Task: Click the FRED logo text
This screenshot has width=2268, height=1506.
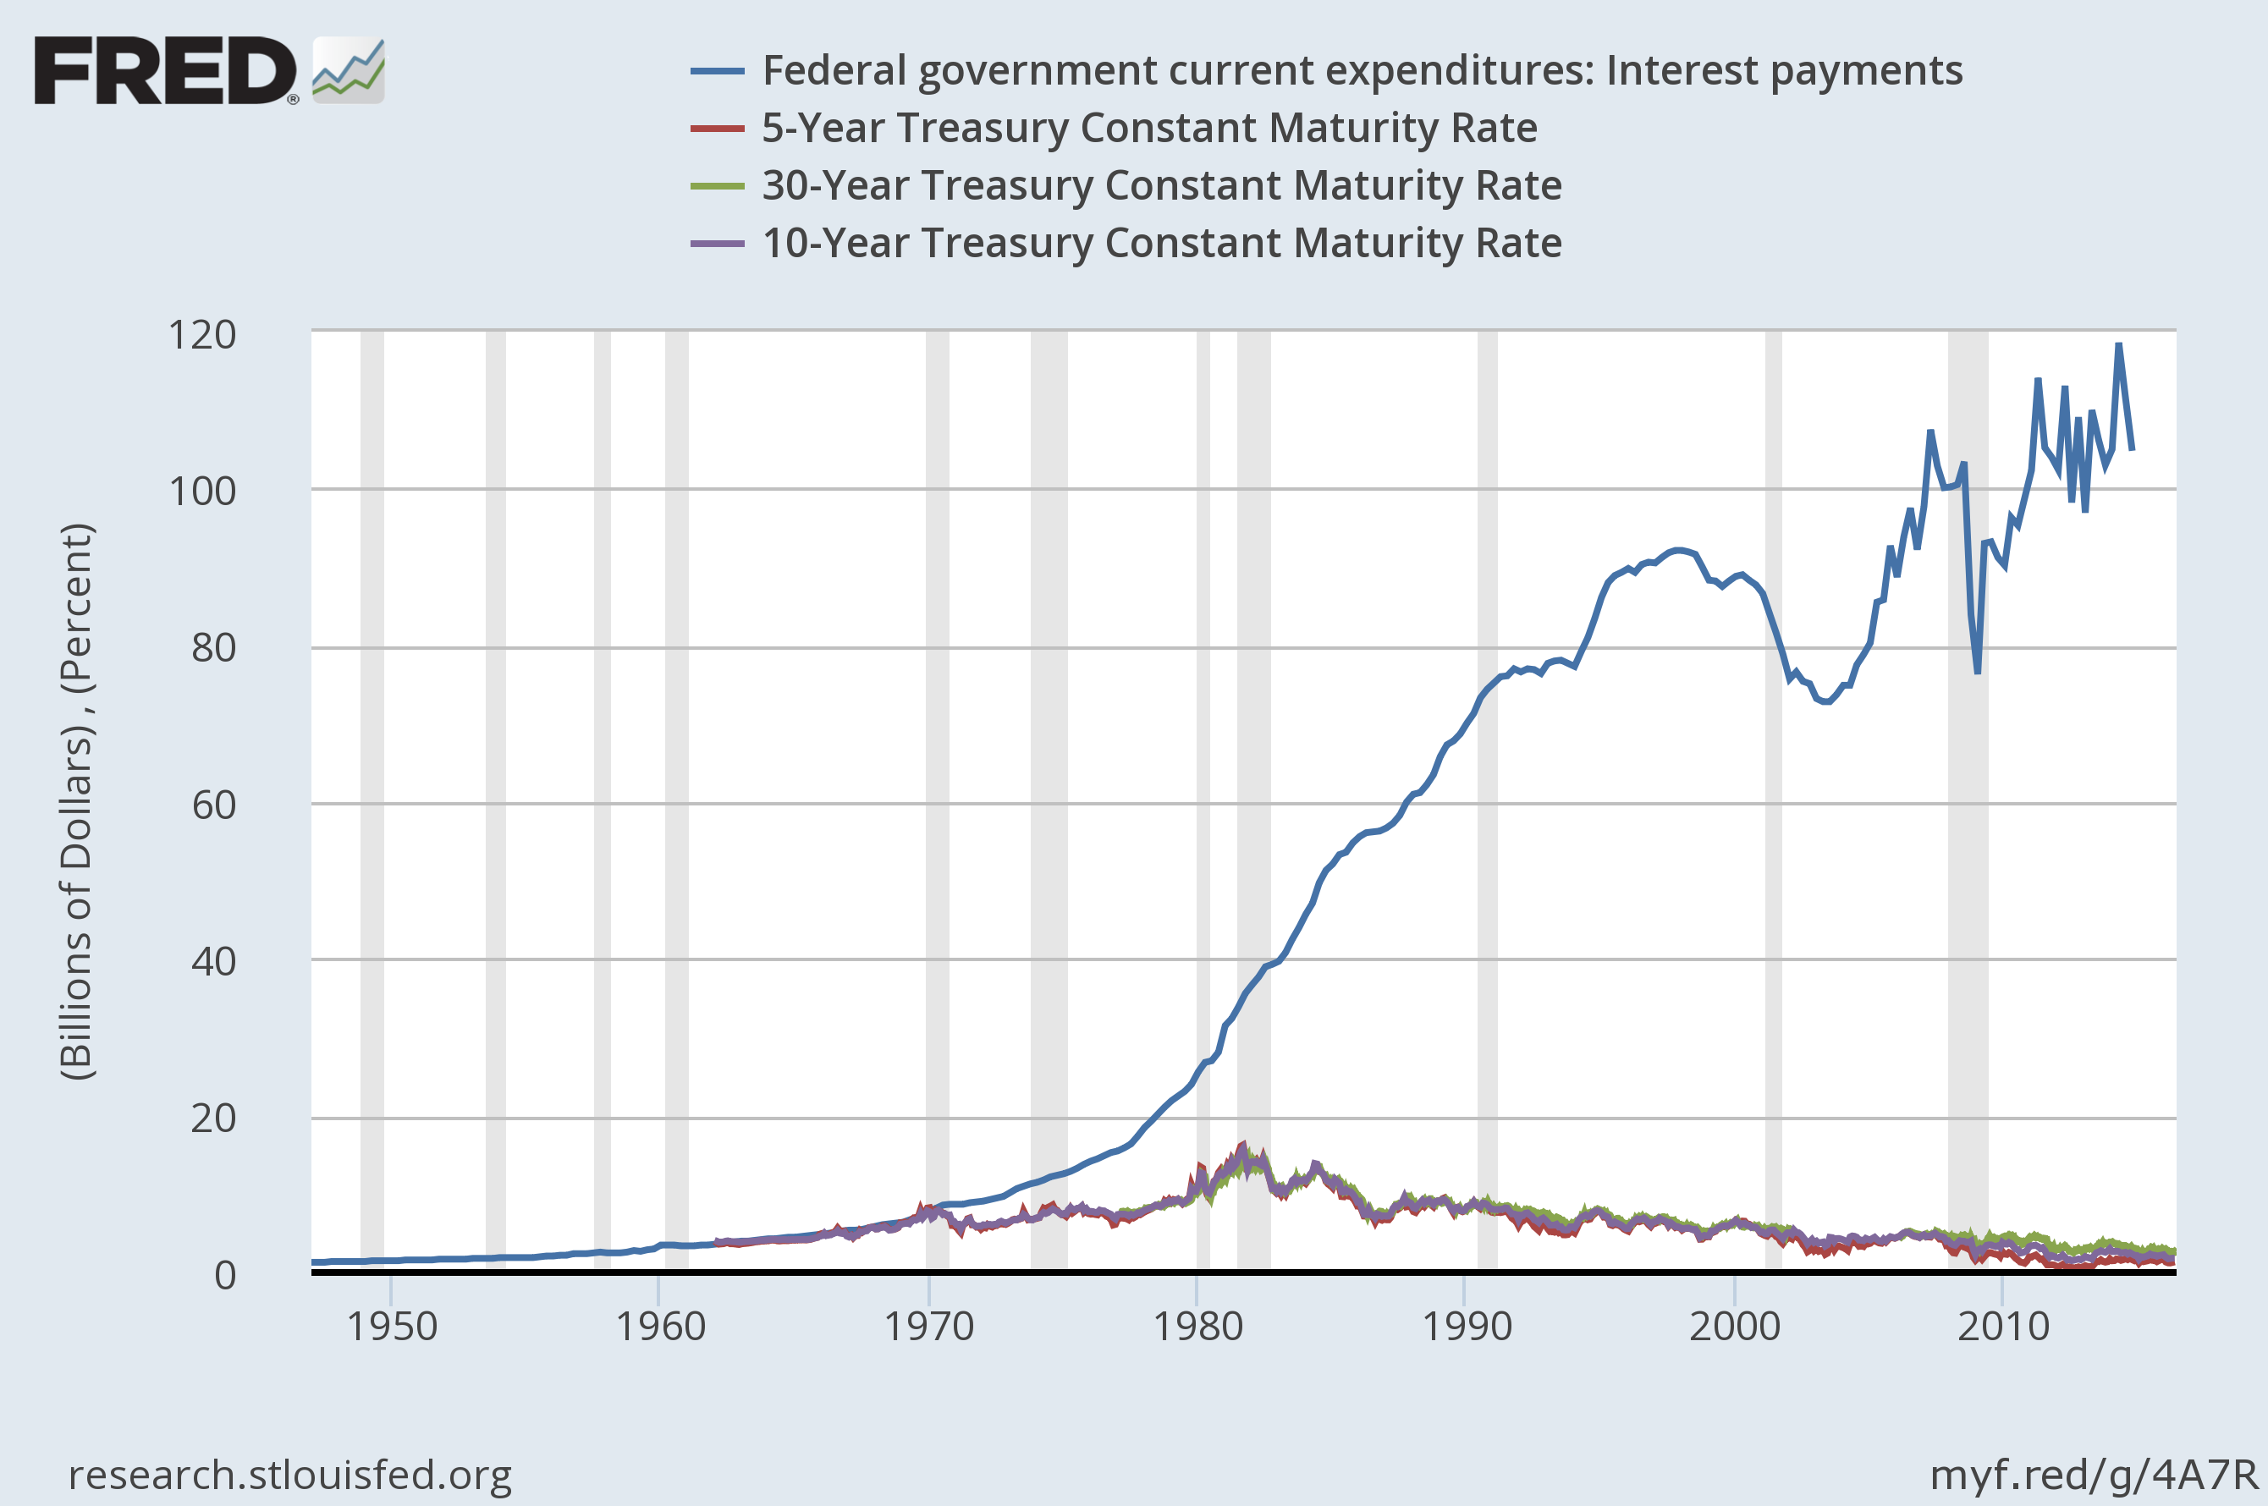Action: pos(165,70)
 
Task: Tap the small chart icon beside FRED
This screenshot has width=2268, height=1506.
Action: pos(349,70)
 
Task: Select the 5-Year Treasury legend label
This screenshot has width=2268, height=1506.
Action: pos(1149,128)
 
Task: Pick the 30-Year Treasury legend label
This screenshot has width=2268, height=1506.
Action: pos(1161,185)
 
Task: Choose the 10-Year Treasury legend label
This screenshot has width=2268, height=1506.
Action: pos(1161,243)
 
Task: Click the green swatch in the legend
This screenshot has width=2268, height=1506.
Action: pos(717,185)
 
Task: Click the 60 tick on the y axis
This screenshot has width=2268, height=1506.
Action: pos(213,805)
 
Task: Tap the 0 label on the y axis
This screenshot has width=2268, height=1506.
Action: pos(225,1274)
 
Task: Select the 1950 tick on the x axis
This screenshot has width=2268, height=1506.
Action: pos(391,1327)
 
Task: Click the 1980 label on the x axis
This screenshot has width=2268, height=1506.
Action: pos(1197,1327)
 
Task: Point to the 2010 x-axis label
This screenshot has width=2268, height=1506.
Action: pos(2003,1327)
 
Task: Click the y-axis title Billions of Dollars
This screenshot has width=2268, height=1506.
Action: pos(77,802)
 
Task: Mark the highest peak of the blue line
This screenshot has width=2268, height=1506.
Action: pos(2118,345)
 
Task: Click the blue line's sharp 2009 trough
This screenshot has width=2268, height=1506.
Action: pos(1977,672)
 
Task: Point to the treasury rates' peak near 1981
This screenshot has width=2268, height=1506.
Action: pos(1243,1145)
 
